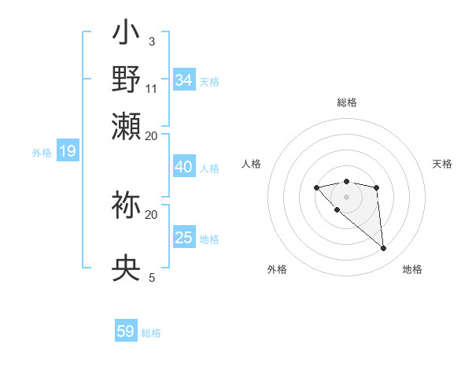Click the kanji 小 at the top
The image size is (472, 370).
coord(127,36)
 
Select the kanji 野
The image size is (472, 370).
coord(127,80)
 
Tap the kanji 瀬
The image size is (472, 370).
coord(127,126)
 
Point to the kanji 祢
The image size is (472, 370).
coord(127,205)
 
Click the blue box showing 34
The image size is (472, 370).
coord(184,80)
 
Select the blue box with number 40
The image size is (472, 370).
coord(184,167)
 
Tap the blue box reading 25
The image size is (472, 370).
coord(184,238)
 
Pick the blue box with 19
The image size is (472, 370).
coord(67,152)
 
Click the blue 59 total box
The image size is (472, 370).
coord(126,331)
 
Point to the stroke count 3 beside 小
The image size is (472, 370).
coord(151,41)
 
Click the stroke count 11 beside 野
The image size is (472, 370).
coord(152,87)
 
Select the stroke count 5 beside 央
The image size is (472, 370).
coord(151,277)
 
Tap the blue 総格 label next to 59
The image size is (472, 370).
coord(151,333)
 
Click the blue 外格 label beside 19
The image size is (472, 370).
coord(42,153)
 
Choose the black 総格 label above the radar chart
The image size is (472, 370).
coord(346,102)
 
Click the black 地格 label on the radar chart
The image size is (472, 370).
coord(412,269)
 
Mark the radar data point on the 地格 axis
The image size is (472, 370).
coord(384,249)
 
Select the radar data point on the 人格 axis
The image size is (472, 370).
coord(316,187)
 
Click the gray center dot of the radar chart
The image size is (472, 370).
coord(346,197)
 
